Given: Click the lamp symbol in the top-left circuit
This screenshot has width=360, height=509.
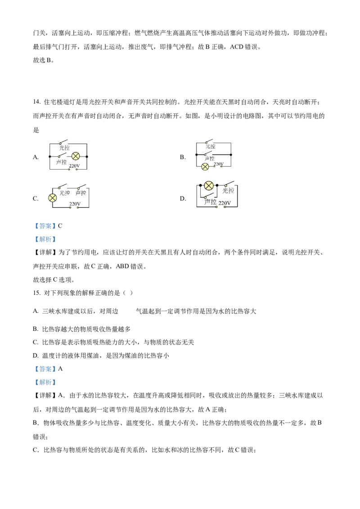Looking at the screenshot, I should coord(76,156).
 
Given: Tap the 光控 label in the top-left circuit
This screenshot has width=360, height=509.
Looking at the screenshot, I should coord(64,147).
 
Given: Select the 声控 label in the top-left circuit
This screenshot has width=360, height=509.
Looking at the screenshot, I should coord(61,162).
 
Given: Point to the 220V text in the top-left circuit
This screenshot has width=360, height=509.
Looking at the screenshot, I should coord(74,166).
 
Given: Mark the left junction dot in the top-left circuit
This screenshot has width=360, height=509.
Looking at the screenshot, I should coord(49,156).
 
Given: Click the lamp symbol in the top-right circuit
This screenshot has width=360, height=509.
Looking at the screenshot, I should coord(205,166).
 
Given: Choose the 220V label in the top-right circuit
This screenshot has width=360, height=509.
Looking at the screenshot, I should coord(219,164).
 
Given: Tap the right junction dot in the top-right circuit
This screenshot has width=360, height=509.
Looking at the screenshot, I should coord(231,155).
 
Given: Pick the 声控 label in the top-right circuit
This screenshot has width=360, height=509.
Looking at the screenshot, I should coord(210,159).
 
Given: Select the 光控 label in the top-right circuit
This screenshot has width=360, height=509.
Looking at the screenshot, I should coord(211,147).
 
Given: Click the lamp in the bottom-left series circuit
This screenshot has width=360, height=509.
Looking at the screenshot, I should coord(53,197).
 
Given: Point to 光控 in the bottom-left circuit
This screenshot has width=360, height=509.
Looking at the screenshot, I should coord(65,193).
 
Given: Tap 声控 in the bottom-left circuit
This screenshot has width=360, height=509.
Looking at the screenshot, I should coord(81,193).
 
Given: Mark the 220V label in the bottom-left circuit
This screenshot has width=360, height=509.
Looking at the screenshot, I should coord(75,204).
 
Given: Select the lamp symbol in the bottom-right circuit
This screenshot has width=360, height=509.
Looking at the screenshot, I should coord(209,185).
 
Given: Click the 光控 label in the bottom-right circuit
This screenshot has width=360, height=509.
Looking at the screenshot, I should coord(228,191).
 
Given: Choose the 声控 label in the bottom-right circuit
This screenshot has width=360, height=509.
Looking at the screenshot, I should coord(210,202).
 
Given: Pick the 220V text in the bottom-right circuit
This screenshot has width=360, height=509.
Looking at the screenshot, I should coord(225,203).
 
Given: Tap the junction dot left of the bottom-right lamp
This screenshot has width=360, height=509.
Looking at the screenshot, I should coord(200,185).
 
